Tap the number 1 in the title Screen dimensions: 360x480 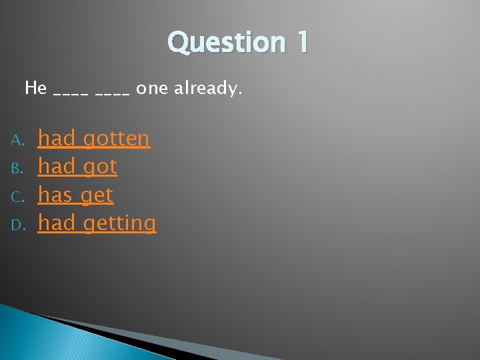300,42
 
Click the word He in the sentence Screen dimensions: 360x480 35,87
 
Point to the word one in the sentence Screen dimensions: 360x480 152,88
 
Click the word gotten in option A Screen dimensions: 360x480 116,139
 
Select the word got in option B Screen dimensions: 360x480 99,167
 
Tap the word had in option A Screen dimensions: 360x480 56,139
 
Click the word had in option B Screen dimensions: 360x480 56,167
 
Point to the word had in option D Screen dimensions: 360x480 56,223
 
